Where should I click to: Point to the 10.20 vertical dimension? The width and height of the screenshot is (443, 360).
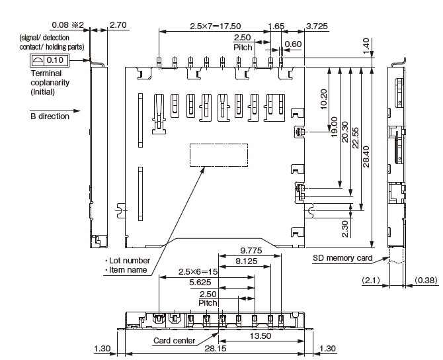point(323,100)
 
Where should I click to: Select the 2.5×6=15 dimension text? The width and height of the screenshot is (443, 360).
point(198,272)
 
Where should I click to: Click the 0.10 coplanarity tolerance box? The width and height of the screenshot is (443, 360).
point(55,60)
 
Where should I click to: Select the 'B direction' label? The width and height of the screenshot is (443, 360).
point(50,116)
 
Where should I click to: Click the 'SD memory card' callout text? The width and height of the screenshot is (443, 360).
point(342,258)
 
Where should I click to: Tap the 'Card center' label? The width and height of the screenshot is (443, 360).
point(175,341)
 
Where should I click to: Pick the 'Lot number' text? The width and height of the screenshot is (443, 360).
point(130,260)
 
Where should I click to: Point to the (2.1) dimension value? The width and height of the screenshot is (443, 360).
point(370,281)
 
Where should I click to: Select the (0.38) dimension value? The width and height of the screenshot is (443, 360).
point(426,281)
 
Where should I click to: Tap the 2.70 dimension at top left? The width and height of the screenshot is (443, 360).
point(118,25)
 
